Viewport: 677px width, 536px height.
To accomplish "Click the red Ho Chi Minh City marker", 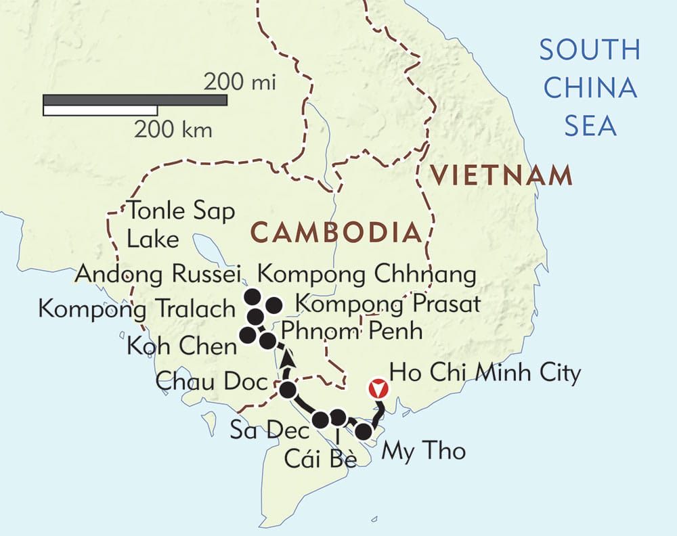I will [x=379, y=389].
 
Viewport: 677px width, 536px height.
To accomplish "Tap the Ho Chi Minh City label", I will [x=485, y=374].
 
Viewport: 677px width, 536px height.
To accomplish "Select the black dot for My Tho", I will [x=364, y=431].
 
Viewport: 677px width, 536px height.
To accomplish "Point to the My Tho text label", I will [x=424, y=451].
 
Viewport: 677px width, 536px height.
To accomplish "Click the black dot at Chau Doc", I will [x=288, y=390].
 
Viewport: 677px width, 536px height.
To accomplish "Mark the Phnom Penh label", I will [x=351, y=332].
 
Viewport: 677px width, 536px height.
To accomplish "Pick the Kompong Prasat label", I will [x=388, y=304].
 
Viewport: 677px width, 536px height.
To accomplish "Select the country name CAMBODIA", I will [x=336, y=233].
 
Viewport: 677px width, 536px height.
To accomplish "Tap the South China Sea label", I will [x=589, y=87].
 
